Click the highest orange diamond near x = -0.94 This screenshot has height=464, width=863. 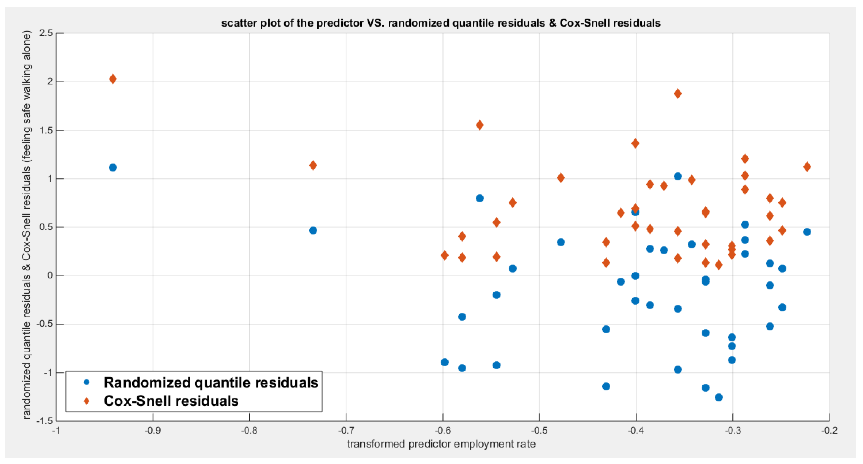(113, 79)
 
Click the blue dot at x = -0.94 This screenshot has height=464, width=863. (113, 167)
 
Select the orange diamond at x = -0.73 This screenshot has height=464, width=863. (313, 165)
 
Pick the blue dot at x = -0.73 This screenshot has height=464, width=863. (313, 230)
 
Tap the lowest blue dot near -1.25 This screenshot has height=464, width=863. (719, 397)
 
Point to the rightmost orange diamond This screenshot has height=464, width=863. (807, 167)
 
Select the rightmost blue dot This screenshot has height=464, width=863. (807, 232)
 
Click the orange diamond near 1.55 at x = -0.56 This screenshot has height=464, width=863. (479, 125)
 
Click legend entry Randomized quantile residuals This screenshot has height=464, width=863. (211, 383)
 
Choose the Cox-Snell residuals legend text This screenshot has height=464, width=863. (171, 401)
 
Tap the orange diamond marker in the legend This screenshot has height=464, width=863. (87, 401)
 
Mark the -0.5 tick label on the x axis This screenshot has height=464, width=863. (539, 430)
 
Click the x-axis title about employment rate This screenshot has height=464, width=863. (441, 444)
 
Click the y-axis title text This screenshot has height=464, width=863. (27, 225)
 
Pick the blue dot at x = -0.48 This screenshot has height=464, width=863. (561, 242)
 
